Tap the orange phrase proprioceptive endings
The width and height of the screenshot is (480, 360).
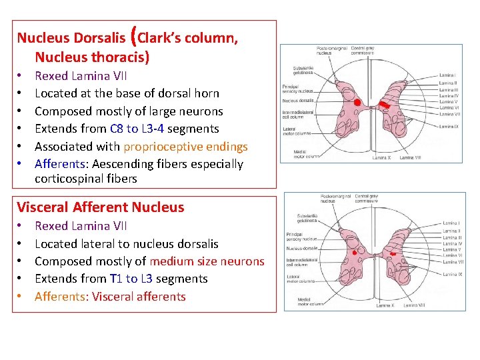tap(185, 147)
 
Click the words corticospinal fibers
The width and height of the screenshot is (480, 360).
tap(85, 179)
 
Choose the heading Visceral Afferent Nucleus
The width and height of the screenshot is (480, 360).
tap(100, 207)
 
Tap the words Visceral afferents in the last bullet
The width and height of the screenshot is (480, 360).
tap(139, 297)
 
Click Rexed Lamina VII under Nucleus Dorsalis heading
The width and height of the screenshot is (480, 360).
tap(81, 76)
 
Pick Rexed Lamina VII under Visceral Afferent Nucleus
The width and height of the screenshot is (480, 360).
tap(81, 226)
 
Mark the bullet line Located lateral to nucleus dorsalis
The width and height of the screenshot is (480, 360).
tap(126, 244)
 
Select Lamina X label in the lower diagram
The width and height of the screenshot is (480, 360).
tap(385, 305)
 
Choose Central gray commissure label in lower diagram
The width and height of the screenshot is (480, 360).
tap(366, 198)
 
